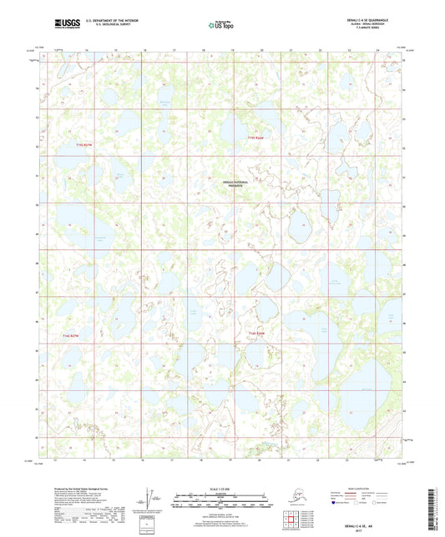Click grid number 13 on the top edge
(57, 49)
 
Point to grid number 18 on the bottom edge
(201, 459)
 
